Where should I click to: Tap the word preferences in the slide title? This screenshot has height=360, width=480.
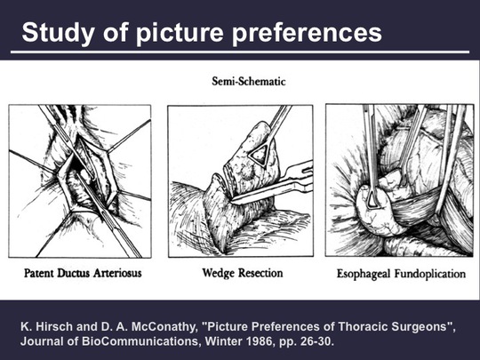(308, 33)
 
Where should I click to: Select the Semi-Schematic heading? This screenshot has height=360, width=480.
(249, 82)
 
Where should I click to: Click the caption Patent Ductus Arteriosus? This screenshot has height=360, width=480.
(83, 273)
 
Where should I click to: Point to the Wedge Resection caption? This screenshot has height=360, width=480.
(243, 273)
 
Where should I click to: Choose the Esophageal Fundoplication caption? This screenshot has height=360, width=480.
(401, 274)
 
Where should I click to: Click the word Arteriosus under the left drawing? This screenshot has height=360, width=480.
(117, 273)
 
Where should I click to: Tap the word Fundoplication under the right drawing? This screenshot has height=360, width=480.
(430, 274)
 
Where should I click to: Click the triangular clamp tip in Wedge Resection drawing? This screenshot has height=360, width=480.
(260, 155)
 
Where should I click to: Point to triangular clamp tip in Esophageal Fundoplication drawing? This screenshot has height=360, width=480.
(373, 199)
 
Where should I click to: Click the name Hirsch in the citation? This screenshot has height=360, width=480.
(54, 326)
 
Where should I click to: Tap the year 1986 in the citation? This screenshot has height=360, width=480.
(261, 341)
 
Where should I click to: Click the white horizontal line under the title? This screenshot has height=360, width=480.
(240, 52)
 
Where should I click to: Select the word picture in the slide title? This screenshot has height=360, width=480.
(180, 33)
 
